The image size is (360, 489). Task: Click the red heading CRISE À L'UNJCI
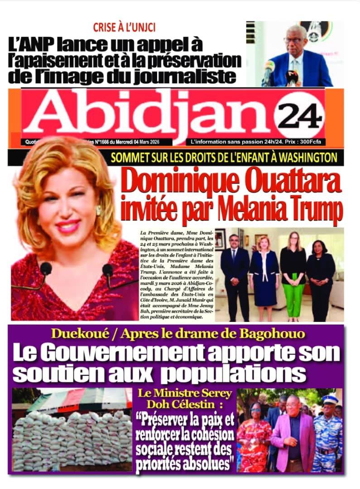click(x=124, y=27)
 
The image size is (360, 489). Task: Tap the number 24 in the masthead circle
click(x=300, y=117)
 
